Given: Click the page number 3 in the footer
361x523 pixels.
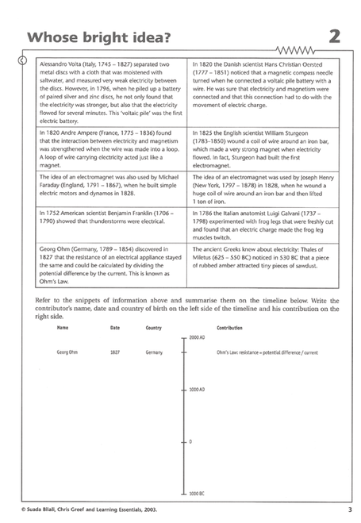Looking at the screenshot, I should click(x=349, y=508).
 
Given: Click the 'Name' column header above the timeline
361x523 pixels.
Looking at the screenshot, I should click(x=63, y=327).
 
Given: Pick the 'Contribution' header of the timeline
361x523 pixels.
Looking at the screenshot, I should click(x=229, y=327).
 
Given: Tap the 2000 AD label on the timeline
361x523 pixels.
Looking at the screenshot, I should click(x=197, y=337).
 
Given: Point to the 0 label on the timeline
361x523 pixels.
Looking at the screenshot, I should click(x=190, y=441).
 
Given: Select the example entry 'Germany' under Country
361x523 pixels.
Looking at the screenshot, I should click(x=154, y=352).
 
